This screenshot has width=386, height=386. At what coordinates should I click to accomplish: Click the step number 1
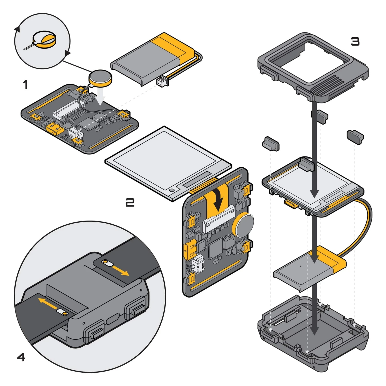[x=25, y=85]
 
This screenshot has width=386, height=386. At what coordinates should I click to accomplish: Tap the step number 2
[x=130, y=203]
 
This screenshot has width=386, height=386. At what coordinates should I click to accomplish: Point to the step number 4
[x=21, y=357]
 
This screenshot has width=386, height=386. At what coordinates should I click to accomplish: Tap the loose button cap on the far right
[x=355, y=136]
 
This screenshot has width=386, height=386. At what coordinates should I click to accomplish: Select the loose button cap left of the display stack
[x=271, y=144]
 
